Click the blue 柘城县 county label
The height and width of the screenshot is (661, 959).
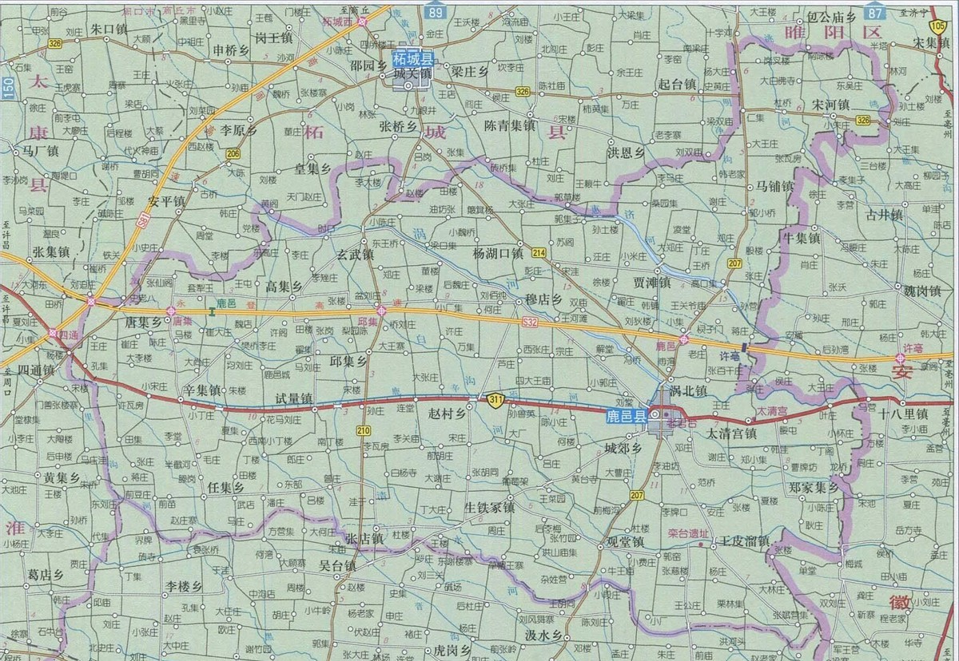coord(413,59)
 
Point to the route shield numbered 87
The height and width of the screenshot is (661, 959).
coord(876,11)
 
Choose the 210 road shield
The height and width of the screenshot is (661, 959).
coord(364,431)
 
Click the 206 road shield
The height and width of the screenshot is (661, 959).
coord(233,153)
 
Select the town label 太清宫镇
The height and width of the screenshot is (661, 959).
coord(730,433)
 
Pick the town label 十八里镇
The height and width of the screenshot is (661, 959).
coord(902,414)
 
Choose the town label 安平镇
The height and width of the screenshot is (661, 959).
coord(166,200)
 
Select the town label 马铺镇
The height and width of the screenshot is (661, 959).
coord(769,186)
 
